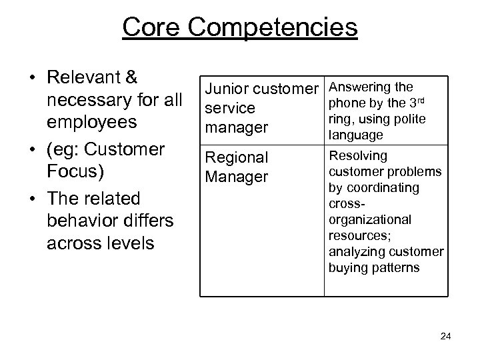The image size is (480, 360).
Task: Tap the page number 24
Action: (446, 337)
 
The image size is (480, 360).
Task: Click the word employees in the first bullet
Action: (92, 123)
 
